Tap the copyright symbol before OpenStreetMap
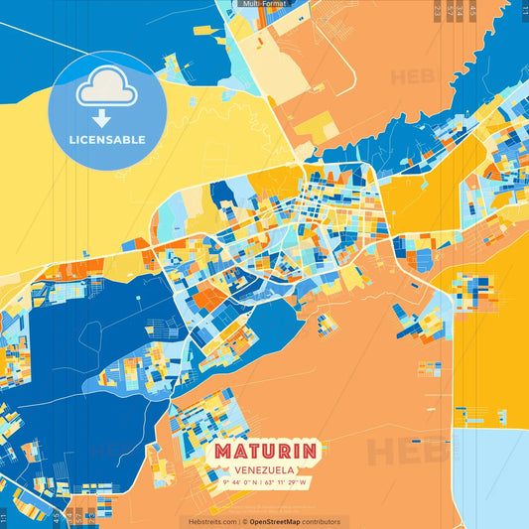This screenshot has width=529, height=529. tap(244, 521)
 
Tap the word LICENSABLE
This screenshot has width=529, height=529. tap(106, 140)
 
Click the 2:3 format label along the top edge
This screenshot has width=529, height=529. tap(438, 10)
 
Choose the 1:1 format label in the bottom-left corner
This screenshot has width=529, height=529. tap(5, 517)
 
